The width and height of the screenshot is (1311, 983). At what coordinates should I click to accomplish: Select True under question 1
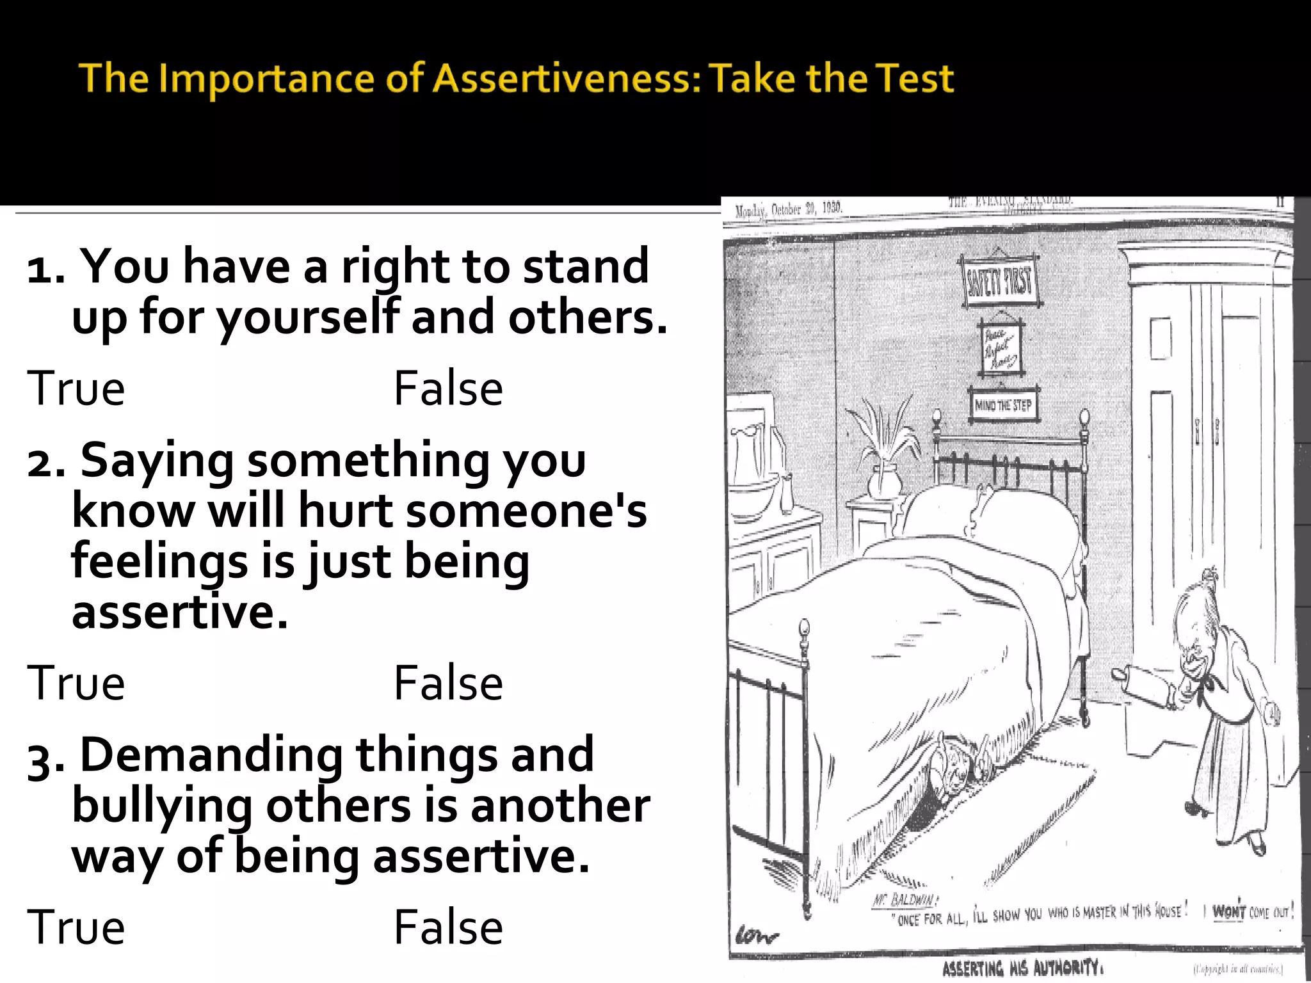[x=76, y=388]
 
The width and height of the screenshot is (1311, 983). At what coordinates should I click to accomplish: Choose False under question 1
[x=448, y=388]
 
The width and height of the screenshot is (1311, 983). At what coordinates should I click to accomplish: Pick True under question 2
[x=76, y=683]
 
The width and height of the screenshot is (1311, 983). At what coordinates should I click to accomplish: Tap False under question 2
[x=448, y=683]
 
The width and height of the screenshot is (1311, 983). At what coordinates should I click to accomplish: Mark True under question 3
[x=76, y=927]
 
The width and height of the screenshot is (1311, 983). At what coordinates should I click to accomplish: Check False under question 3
[x=448, y=927]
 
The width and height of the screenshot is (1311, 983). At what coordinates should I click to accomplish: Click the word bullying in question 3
[x=162, y=806]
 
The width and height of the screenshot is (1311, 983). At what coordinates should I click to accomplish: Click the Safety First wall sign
[x=1000, y=281]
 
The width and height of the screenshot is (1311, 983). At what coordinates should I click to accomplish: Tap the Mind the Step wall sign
[x=1003, y=404]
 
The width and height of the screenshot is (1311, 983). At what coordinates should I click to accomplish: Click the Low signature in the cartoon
[x=757, y=936]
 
